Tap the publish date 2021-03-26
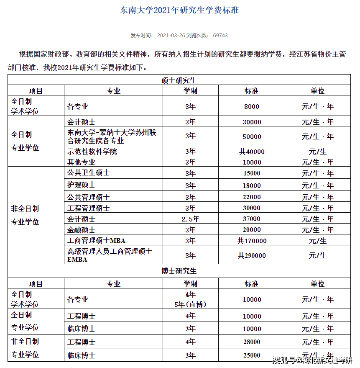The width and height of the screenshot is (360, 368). click(x=171, y=36)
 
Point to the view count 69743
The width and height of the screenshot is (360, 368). click(x=220, y=36)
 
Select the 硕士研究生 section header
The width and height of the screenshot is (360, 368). click(x=179, y=80)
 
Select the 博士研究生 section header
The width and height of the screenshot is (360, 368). click(x=179, y=271)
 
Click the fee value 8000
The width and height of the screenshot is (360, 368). click(x=252, y=107)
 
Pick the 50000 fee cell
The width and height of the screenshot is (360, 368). click(x=252, y=136)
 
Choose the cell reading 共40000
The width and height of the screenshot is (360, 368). click(x=252, y=152)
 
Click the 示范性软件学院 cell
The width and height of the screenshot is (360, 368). click(x=92, y=152)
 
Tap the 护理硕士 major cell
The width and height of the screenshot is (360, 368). click(x=81, y=185)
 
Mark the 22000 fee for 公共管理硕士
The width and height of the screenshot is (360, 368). click(x=252, y=197)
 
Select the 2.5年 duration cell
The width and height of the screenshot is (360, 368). click(x=190, y=219)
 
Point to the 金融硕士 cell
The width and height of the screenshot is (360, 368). click(x=81, y=230)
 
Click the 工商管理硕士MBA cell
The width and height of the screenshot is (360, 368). click(x=96, y=241)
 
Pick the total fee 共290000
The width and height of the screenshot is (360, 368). click(x=252, y=255)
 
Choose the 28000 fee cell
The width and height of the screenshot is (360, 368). click(x=252, y=342)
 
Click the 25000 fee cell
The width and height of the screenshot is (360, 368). click(x=252, y=355)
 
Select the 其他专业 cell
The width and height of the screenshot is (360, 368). click(x=81, y=162)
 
